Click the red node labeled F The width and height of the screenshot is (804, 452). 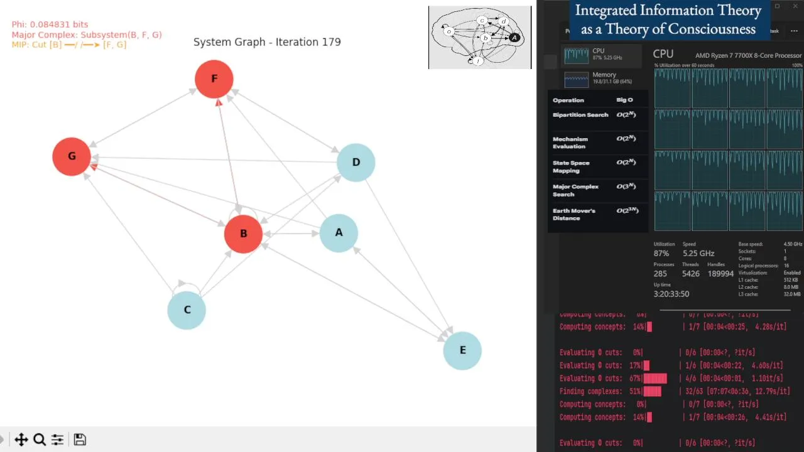(214, 79)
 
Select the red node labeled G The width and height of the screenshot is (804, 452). (72, 156)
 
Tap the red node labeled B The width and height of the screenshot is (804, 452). (243, 234)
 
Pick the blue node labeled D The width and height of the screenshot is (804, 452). (356, 163)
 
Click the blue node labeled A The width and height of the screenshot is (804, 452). (339, 233)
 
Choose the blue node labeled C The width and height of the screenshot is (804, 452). (187, 310)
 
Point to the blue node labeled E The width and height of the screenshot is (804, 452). (462, 350)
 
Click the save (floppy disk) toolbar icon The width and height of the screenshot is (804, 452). (80, 439)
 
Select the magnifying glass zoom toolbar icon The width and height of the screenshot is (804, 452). (39, 439)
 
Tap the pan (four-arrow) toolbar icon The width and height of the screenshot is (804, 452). (21, 439)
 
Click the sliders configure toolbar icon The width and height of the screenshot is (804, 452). (57, 439)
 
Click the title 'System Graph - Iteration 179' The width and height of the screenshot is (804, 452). (267, 42)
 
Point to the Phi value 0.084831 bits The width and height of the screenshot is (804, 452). (50, 25)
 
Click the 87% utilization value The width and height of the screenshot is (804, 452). (661, 254)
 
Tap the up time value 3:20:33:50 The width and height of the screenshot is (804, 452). (671, 294)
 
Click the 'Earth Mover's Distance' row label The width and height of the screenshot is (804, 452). (573, 214)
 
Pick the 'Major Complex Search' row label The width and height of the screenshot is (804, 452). (575, 190)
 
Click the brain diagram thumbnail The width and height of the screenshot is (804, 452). (480, 37)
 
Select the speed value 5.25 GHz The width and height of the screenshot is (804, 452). (698, 254)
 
